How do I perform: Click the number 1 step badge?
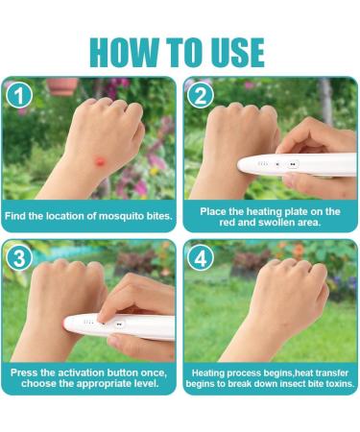click(x=19, y=96)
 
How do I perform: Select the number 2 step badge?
click(x=201, y=96)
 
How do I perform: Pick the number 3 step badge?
click(x=19, y=258)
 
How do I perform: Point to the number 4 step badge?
click(x=201, y=258)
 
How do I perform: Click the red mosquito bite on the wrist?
click(x=100, y=160)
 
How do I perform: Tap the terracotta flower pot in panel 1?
click(x=62, y=85)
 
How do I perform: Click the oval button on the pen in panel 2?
click(x=292, y=164)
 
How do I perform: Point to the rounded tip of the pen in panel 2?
click(x=241, y=165)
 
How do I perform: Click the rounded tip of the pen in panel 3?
click(x=67, y=324)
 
